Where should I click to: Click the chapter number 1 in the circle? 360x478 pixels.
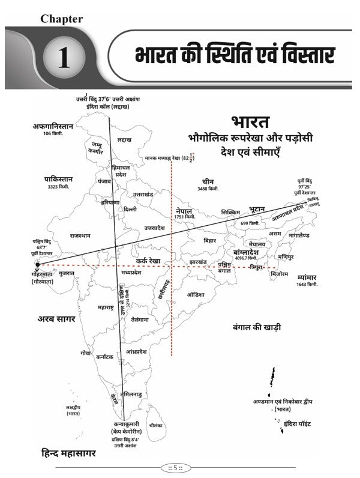tap(64, 60)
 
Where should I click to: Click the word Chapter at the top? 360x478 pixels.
tap(62, 18)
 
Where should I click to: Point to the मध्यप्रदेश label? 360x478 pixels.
tap(131, 271)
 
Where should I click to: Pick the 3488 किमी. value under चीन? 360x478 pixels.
tap(209, 189)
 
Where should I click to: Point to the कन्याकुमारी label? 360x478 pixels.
tap(126, 424)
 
